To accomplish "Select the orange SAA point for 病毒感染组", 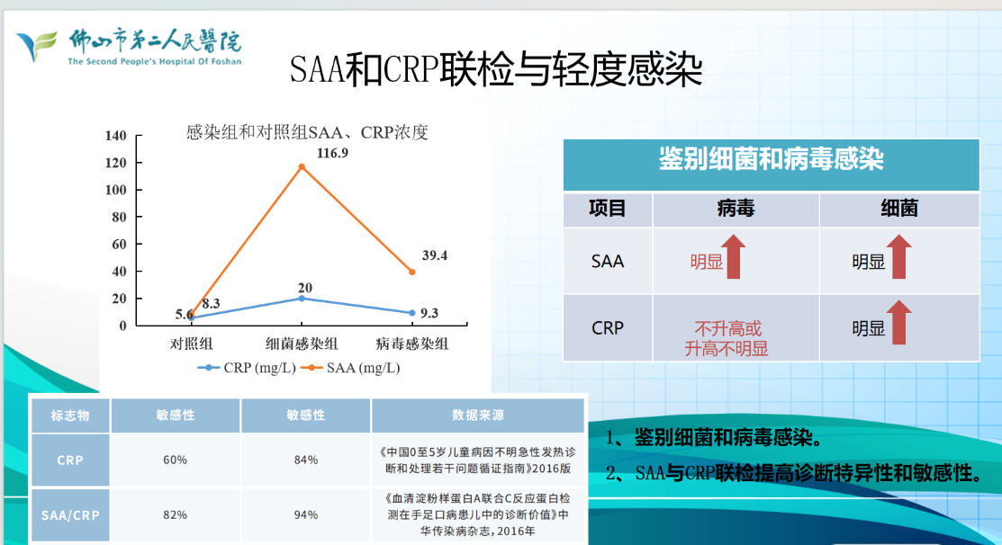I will coord(412,272).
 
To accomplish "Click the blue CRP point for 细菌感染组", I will coord(302,299).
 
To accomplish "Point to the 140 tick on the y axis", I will coord(115,136).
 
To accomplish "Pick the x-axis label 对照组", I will coord(193,344).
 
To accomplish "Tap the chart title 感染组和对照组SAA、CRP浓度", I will coord(306,133).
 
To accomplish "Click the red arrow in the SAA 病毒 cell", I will coord(734,255).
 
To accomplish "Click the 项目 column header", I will coord(608,210).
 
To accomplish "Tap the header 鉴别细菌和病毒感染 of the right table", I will coord(771,160).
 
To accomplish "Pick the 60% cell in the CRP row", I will coord(175,460).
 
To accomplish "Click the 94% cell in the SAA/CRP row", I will coord(305,514).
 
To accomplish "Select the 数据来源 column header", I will coord(477,415).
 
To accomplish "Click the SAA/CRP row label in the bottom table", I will coord(69,514).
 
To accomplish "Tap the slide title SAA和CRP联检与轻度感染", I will coord(496,68).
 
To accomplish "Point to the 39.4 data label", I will coord(434,255).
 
